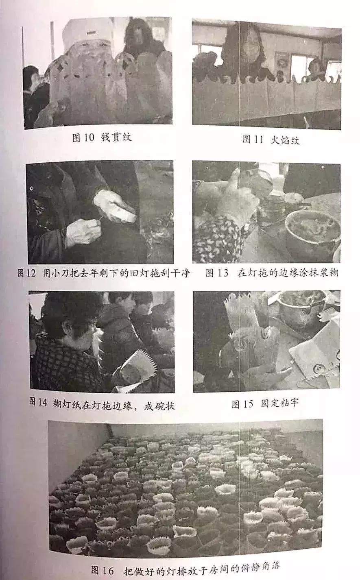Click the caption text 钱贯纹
coord(116,137)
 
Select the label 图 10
coord(83,137)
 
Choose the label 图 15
coord(242,404)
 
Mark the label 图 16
coord(102,570)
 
